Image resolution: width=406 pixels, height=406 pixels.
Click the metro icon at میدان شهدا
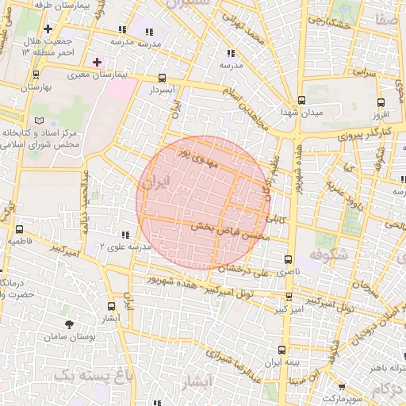[301, 101]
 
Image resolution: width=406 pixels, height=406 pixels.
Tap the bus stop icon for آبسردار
[163, 78]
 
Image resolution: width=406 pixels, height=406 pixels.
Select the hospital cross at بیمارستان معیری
[97, 62]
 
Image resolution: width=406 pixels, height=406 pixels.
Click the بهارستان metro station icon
[36, 75]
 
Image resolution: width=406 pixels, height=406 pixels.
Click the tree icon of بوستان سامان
[69, 324]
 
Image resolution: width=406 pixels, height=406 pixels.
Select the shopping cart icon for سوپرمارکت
[342, 388]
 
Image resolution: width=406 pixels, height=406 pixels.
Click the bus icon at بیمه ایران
[283, 349]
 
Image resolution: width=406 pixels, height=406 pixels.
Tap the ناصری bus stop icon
[287, 259]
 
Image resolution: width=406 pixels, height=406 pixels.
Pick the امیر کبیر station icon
[287, 297]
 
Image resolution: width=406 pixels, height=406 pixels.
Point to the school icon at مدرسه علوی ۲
[124, 236]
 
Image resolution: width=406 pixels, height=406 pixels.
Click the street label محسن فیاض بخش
[232, 231]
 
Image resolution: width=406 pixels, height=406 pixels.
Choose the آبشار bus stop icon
[109, 305]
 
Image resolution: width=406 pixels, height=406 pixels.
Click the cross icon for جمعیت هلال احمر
[48, 29]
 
